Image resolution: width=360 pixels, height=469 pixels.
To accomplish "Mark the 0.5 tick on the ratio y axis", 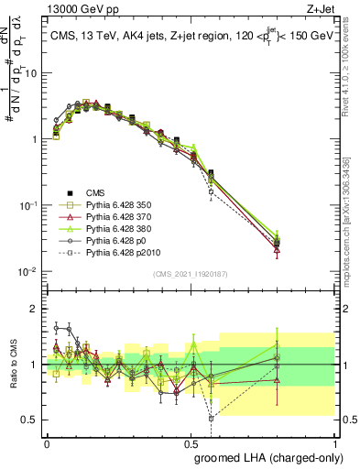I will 32,420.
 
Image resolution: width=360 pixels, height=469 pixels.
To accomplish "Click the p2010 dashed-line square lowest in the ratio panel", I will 212,418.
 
